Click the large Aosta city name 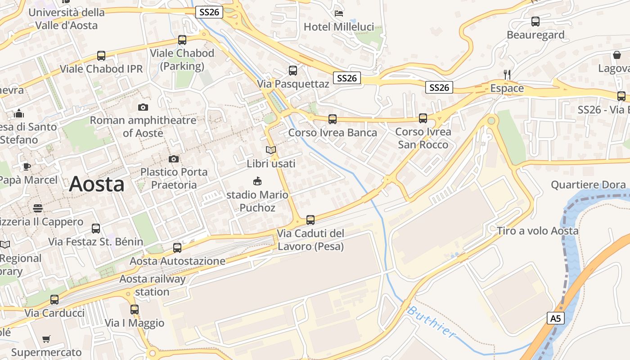click(x=97, y=184)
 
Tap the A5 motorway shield click(x=556, y=319)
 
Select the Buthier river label click(x=431, y=321)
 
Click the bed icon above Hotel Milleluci click(x=339, y=13)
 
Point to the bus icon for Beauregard click(x=535, y=21)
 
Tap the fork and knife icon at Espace click(x=507, y=74)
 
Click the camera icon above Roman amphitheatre click(x=143, y=107)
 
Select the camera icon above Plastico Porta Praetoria click(x=174, y=159)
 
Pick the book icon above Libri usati click(x=270, y=150)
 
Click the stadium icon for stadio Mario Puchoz click(x=257, y=181)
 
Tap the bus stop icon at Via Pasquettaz click(x=293, y=70)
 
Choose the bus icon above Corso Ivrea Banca click(x=333, y=119)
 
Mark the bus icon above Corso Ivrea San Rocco click(x=423, y=118)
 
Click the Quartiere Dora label click(x=588, y=184)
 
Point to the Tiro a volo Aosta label click(x=538, y=231)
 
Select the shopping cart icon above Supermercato click(x=46, y=339)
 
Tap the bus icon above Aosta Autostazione click(x=177, y=247)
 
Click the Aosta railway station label click(x=153, y=285)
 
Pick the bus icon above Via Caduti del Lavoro click(x=310, y=220)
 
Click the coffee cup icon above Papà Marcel click(x=27, y=166)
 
